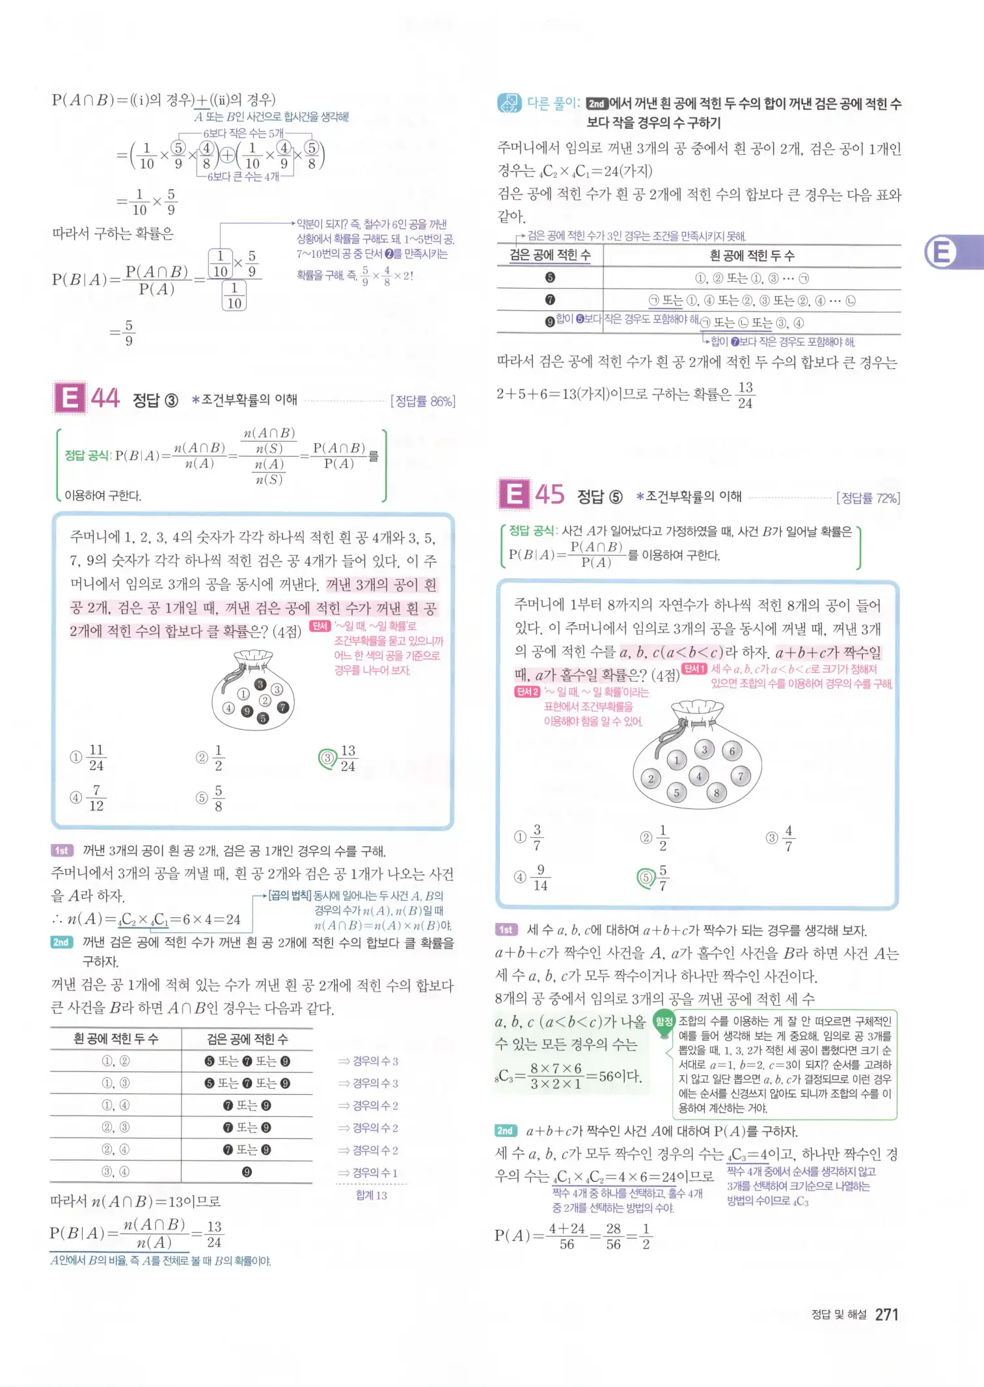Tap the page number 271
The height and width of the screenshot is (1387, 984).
pyautogui.click(x=886, y=1315)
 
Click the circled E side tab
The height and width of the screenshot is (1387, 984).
pyautogui.click(x=941, y=252)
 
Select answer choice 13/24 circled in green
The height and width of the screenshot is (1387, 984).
pyautogui.click(x=339, y=758)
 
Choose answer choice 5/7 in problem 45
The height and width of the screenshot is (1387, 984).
pyautogui.click(x=654, y=878)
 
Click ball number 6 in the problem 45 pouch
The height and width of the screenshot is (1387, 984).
pyautogui.click(x=732, y=751)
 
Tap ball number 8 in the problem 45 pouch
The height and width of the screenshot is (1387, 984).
pyautogui.click(x=717, y=793)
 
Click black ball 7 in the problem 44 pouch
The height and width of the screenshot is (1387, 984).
pyautogui.click(x=282, y=707)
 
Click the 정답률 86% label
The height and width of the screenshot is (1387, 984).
pyautogui.click(x=422, y=402)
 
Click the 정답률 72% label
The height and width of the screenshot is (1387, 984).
pyautogui.click(x=868, y=499)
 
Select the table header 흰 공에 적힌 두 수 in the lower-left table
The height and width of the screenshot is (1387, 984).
pyautogui.click(x=116, y=1039)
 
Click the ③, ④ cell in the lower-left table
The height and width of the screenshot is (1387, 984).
pyautogui.click(x=116, y=1172)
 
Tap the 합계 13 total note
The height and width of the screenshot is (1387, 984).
pyautogui.click(x=371, y=1195)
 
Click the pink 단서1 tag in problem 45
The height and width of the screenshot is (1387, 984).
pyautogui.click(x=694, y=669)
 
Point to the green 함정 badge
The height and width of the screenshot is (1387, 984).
pyautogui.click(x=664, y=1021)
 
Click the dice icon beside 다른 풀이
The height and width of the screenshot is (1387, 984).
pyautogui.click(x=509, y=103)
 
